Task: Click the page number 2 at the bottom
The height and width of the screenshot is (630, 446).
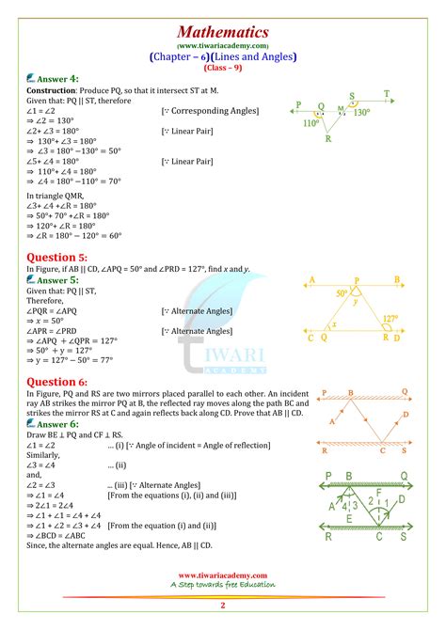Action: (x=223, y=607)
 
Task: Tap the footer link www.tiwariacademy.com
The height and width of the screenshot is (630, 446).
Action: (x=222, y=574)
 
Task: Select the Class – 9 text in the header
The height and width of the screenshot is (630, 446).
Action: (x=222, y=67)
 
